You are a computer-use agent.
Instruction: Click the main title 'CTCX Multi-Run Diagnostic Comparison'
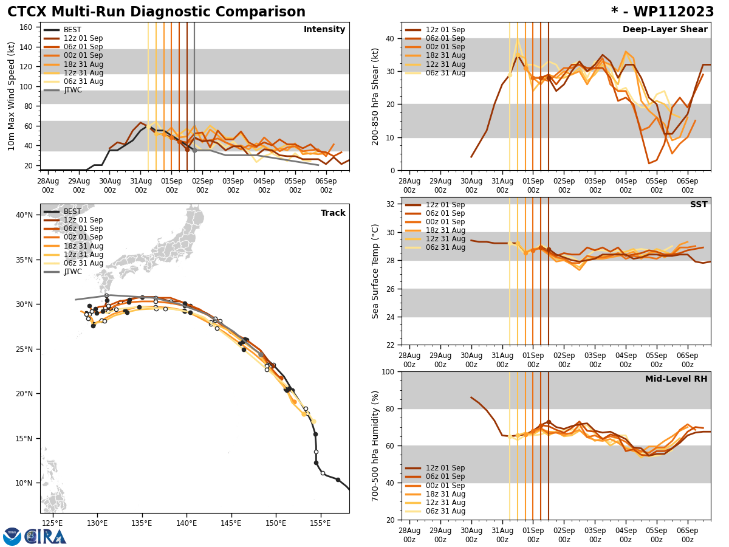[x=156, y=12]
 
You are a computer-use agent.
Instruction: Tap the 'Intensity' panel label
[x=324, y=30]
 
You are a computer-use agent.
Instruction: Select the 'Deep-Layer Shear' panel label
[x=665, y=30]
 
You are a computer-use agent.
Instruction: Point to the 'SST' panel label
[x=698, y=205]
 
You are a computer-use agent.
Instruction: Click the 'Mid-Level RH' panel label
[x=676, y=379]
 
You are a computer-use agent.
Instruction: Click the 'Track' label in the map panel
[x=333, y=213]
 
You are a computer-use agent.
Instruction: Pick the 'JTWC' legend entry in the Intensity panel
[x=72, y=90]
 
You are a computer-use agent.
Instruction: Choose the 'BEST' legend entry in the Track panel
[x=72, y=212]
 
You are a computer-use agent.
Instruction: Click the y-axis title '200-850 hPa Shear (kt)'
[x=376, y=97]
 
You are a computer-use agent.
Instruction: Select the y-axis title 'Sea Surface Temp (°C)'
[x=376, y=271]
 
